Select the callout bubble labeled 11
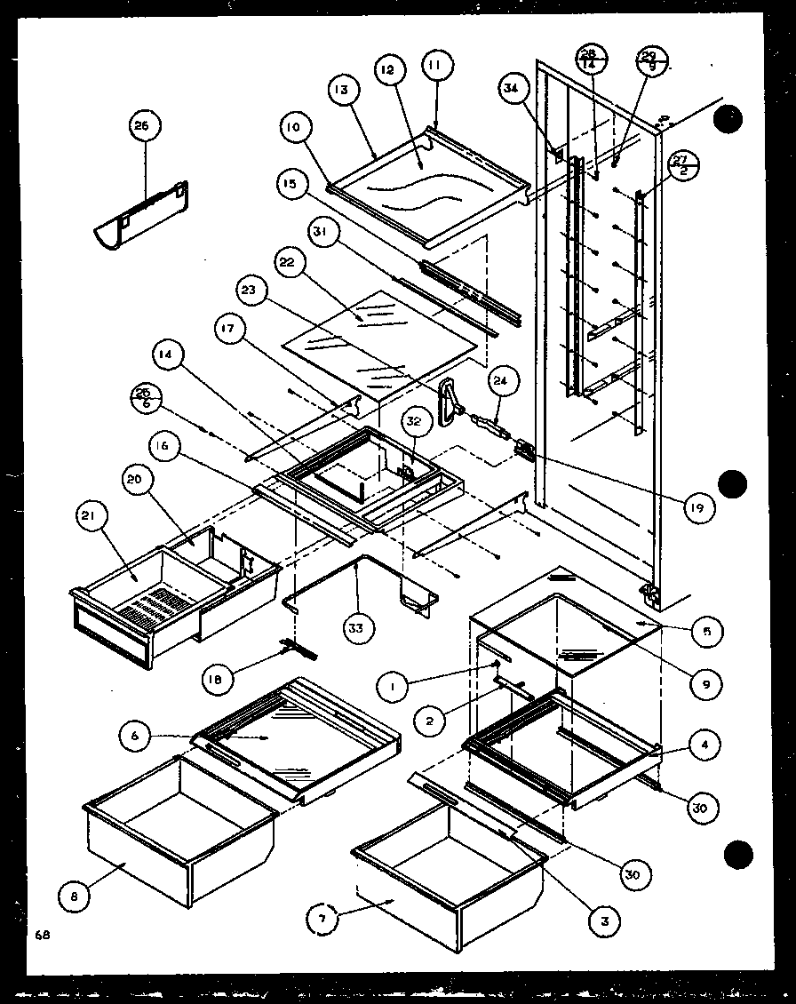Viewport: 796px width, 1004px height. click(438, 65)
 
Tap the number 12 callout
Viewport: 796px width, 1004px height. click(392, 71)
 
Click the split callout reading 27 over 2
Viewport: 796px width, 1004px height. click(681, 166)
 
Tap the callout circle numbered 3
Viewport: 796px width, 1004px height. click(604, 921)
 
